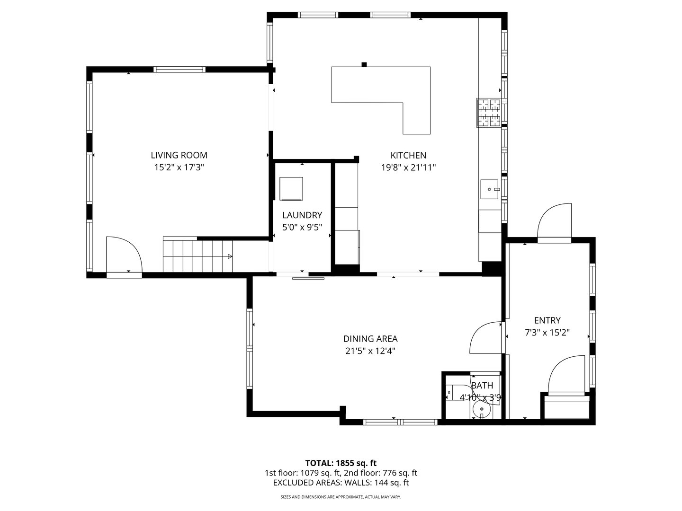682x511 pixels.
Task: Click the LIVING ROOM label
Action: pos(179,155)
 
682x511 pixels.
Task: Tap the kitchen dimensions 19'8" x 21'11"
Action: pos(408,167)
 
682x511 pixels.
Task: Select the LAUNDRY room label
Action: pos(302,215)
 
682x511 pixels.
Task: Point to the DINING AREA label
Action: pos(370,339)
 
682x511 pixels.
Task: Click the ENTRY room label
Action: pos(547,320)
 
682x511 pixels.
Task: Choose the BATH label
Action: pos(482,386)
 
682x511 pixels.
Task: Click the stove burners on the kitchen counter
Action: pos(489,113)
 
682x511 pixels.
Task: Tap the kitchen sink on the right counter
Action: pos(490,189)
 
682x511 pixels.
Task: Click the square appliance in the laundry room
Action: pos(291,189)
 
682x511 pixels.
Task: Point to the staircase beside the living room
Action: pos(198,256)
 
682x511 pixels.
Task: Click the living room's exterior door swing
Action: pos(123,255)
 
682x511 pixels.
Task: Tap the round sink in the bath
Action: pos(482,409)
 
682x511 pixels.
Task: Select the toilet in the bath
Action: pos(454,393)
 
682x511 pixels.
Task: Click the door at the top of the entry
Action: pos(555,222)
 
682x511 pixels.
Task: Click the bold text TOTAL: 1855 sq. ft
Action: pos(341,463)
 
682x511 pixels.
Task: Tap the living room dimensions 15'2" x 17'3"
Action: pos(179,167)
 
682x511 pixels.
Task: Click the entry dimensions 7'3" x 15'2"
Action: pos(547,333)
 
